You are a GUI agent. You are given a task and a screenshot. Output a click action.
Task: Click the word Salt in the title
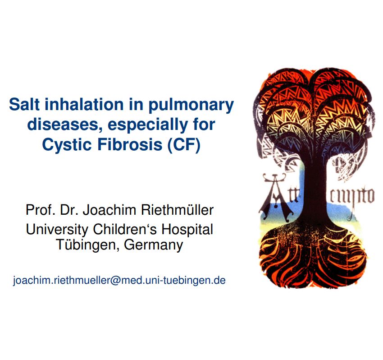pos(24,104)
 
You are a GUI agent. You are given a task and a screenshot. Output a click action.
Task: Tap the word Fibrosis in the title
pos(130,144)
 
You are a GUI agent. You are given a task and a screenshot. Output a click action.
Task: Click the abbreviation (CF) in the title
pos(184,145)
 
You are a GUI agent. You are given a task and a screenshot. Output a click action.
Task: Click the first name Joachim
pos(109,210)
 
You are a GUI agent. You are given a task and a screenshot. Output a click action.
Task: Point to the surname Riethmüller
pos(178,210)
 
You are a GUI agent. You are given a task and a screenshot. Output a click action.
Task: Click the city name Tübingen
pos(88,245)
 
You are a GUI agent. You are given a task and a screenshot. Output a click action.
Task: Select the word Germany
pos(154,245)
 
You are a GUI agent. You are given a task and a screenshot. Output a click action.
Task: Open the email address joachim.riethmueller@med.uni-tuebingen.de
pos(119,280)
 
